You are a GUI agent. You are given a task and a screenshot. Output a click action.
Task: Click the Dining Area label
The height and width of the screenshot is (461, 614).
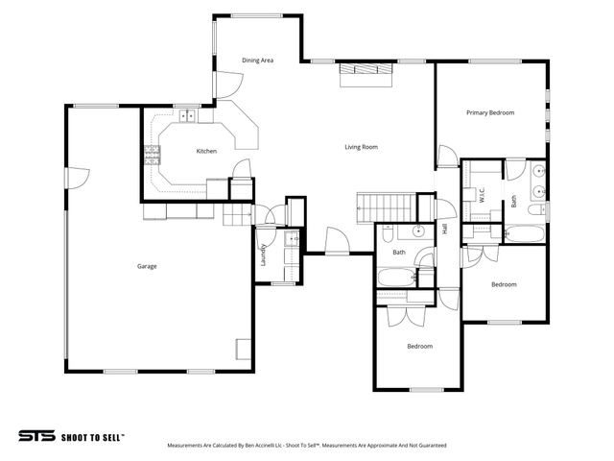(257, 61)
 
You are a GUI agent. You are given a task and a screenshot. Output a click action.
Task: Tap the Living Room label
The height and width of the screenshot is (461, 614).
(361, 147)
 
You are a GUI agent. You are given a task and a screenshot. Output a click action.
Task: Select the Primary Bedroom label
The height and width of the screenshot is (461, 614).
(490, 113)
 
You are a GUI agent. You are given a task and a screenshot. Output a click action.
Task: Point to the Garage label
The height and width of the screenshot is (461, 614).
(147, 267)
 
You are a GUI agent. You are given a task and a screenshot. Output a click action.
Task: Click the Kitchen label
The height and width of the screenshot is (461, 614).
(206, 151)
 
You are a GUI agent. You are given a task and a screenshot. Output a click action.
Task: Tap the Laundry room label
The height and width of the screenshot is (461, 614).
(263, 255)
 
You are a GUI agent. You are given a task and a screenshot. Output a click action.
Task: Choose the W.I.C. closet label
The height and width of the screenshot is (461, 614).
(482, 195)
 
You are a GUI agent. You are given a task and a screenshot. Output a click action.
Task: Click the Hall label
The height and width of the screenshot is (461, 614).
(444, 229)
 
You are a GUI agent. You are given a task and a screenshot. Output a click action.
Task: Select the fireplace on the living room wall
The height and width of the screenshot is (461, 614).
(366, 74)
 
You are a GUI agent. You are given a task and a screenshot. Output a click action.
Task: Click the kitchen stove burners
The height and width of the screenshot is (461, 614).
(153, 155)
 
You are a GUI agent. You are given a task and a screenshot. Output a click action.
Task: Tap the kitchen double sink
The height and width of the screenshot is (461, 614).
(187, 116)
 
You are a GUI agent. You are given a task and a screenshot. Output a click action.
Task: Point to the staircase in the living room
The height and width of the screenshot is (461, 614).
(386, 207)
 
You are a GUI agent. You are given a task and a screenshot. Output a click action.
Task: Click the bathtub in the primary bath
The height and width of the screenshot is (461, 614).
(525, 234)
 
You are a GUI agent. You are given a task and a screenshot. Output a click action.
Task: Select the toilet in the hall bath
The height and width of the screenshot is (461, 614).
(388, 234)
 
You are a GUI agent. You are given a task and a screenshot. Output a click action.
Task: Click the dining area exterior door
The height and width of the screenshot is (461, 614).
(228, 85)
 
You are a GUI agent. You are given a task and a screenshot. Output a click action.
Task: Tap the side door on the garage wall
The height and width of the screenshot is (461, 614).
(78, 179)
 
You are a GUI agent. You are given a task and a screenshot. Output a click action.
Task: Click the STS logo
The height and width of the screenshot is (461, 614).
(37, 436)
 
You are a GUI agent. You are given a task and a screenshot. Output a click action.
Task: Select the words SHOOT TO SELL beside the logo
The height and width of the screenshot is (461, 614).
(93, 438)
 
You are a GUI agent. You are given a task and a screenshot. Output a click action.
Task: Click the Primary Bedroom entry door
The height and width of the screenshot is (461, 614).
(448, 157)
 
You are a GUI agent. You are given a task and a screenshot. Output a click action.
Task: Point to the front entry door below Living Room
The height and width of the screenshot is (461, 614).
(337, 242)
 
